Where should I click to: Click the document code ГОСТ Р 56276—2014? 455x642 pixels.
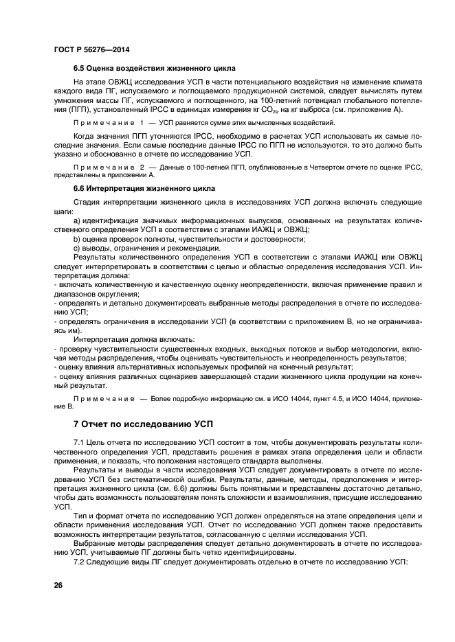tap(91, 50)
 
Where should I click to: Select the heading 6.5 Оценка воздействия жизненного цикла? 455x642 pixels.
tap(155, 69)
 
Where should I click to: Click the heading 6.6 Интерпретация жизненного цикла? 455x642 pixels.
tap(144, 187)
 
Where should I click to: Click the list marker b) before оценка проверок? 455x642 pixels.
tap(77, 238)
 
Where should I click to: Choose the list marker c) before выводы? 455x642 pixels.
tap(77, 247)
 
